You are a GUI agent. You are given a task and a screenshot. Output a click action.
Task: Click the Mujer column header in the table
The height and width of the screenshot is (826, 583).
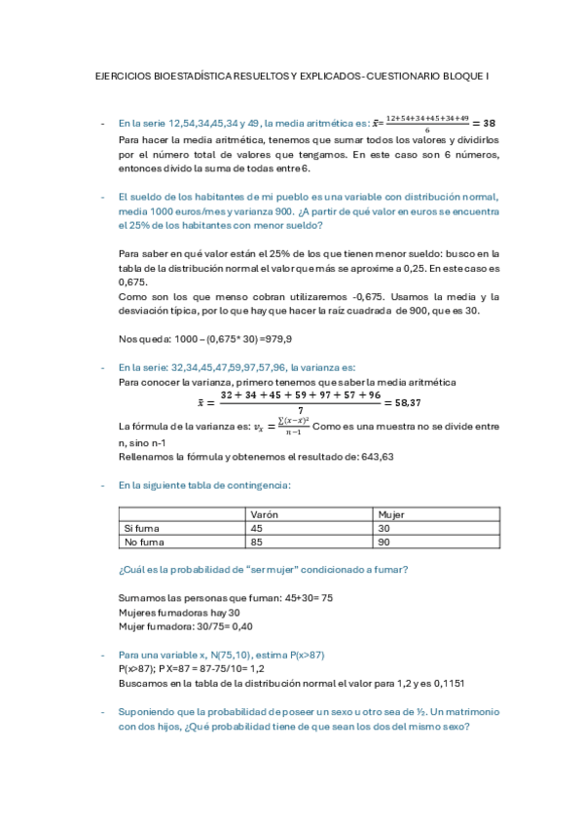390,513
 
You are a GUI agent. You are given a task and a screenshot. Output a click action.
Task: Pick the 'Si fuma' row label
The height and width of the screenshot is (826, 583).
141,527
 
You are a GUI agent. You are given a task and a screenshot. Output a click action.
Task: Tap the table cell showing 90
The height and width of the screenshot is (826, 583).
383,541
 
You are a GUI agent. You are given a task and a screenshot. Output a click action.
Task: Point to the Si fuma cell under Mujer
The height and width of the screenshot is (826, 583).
383,527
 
